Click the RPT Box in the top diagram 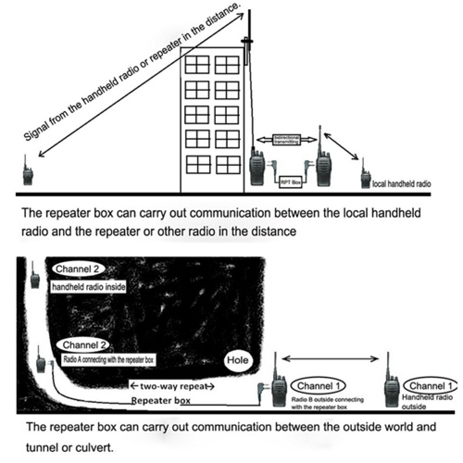coord(290,183)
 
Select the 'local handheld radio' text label coord(401,184)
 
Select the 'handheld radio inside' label coord(88,287)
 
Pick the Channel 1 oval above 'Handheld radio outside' coord(427,386)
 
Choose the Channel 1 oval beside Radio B coord(319,386)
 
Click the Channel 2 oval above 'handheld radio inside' coord(78,269)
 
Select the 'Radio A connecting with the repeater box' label coord(107,359)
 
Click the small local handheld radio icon coord(365,176)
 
